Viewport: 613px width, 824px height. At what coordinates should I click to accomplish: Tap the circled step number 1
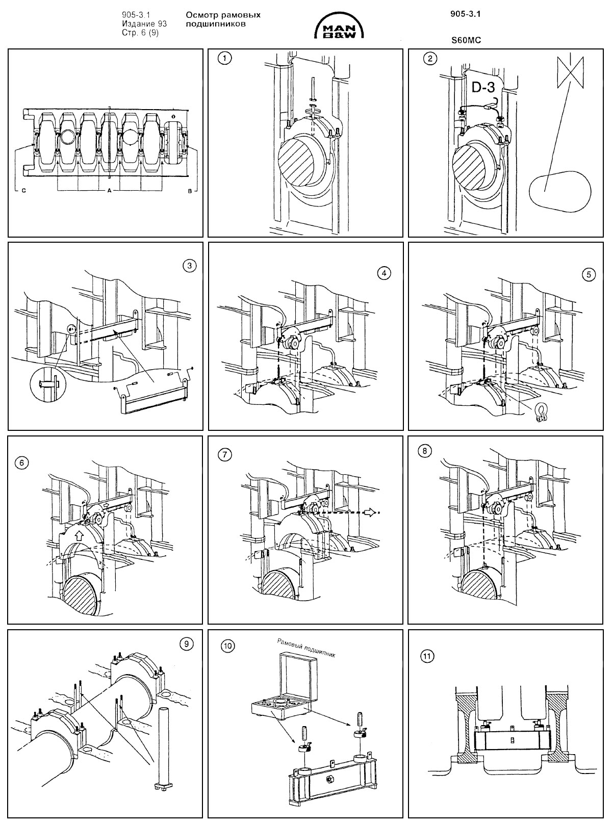(223, 58)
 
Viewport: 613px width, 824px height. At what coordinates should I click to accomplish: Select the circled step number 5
(589, 274)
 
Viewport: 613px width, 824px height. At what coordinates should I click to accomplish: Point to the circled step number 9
(187, 645)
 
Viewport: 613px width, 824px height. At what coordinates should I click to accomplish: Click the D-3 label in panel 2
(483, 88)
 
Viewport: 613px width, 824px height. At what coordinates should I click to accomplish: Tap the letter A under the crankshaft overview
(109, 191)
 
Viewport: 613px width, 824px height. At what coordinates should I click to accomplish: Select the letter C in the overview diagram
(23, 191)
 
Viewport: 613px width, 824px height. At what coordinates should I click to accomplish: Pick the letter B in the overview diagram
(190, 191)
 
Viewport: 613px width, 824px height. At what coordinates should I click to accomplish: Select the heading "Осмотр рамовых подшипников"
(223, 19)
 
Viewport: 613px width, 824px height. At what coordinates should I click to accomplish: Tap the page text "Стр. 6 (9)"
(140, 32)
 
